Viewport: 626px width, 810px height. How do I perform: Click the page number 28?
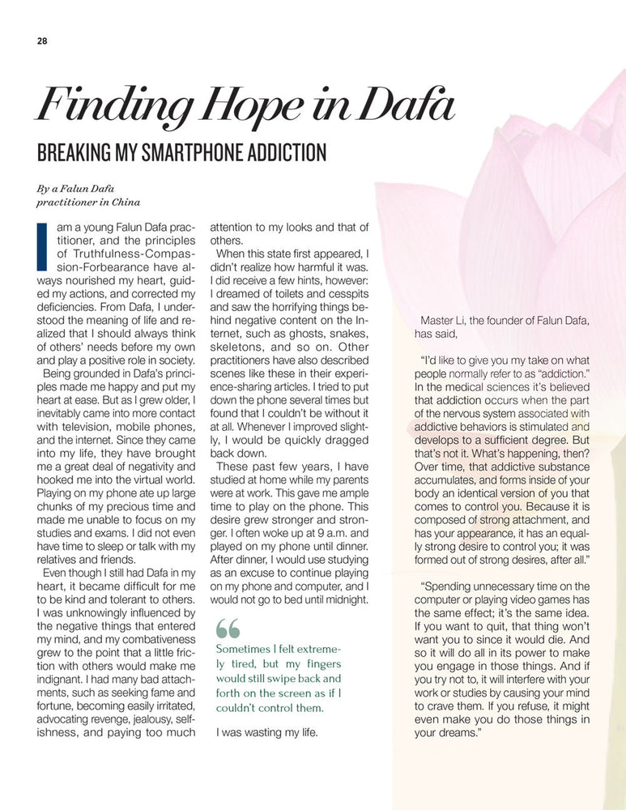pos(41,42)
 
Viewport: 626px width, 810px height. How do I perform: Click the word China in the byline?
pos(121,202)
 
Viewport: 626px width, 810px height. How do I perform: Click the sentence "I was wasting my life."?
pos(266,734)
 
